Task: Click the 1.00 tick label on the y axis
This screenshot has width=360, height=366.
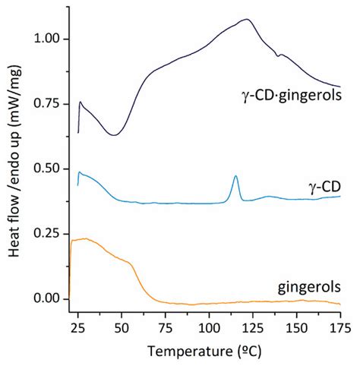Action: [48, 39]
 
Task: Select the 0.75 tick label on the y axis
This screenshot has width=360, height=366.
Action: [48, 103]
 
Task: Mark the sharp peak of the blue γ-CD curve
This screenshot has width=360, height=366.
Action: [235, 175]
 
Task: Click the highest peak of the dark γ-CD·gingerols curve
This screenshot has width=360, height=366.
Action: [246, 19]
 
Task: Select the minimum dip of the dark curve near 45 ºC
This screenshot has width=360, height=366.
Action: [113, 135]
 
